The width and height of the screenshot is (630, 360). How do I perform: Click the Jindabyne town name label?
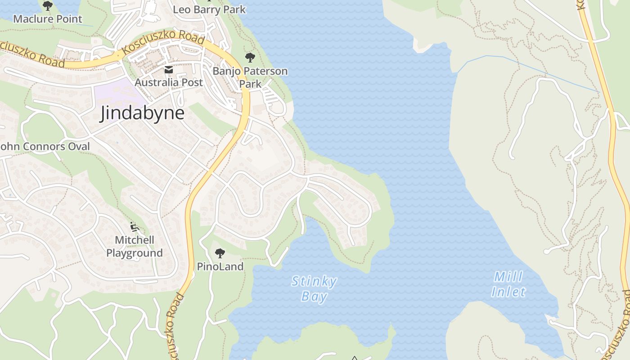point(142,113)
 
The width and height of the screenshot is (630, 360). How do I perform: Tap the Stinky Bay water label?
point(314,289)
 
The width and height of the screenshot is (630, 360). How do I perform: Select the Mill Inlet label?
point(508,284)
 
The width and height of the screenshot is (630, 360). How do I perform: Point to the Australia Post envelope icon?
point(169,69)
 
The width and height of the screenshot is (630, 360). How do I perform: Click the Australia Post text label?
point(169,82)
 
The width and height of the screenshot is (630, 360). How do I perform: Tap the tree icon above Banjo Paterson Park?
point(250,58)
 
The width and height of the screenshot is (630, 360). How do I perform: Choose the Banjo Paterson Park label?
point(250,77)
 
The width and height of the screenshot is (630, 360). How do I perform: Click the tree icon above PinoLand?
point(220,253)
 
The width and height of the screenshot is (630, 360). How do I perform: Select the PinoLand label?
point(220,266)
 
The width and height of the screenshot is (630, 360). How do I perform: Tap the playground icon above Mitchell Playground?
point(134,226)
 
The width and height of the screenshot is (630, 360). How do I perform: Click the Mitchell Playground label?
point(134,247)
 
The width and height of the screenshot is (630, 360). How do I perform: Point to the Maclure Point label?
point(48,19)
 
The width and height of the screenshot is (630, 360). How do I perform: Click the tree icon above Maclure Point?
point(47,6)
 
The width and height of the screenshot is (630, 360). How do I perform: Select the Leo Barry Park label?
point(209,9)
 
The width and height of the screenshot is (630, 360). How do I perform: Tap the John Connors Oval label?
point(45,146)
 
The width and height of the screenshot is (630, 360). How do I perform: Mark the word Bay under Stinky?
point(314,297)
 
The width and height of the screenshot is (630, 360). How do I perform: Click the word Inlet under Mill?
point(508,292)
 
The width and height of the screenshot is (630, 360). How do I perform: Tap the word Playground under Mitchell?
point(134,253)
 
